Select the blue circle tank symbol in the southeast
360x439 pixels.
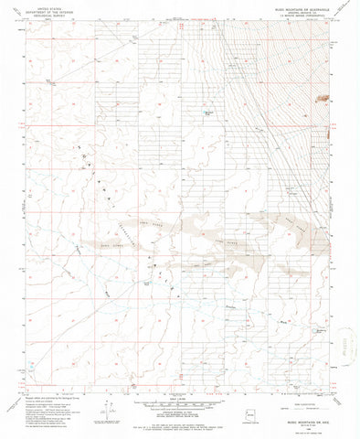coord(320,327)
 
